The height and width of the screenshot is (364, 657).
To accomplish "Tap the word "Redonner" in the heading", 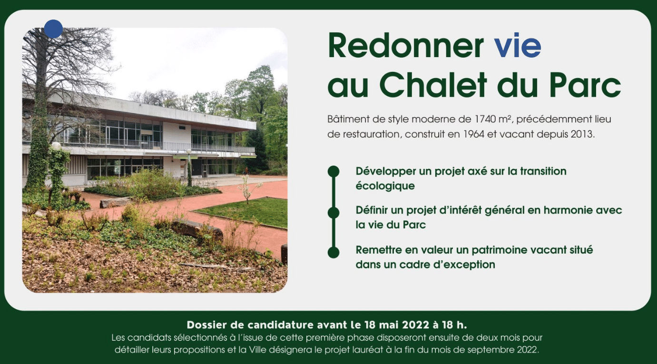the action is (x=406, y=46).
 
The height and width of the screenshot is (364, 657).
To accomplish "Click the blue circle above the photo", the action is (x=53, y=29).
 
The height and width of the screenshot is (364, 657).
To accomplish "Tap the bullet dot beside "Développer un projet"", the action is (x=333, y=172).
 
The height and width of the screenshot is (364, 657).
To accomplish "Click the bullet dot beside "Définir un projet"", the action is (x=333, y=213).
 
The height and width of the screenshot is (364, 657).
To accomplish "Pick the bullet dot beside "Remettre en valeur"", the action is (x=333, y=253).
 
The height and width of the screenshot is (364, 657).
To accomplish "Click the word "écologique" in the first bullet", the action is (x=385, y=186).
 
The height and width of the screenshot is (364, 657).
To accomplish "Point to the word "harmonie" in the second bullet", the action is (x=566, y=210).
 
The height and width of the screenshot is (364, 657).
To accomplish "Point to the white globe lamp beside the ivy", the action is (x=56, y=146).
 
